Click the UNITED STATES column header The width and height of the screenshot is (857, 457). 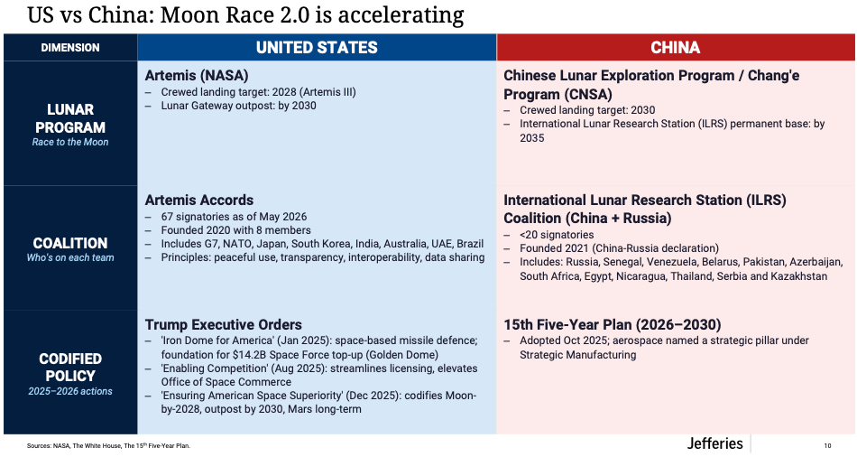click(x=317, y=48)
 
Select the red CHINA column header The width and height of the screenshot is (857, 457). click(x=675, y=48)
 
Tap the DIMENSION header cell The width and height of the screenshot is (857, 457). click(x=70, y=48)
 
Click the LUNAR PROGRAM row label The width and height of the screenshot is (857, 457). click(x=70, y=118)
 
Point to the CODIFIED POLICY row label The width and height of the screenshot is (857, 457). click(x=70, y=368)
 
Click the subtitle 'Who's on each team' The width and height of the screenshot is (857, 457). click(x=70, y=257)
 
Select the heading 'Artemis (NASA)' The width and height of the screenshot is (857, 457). click(x=197, y=76)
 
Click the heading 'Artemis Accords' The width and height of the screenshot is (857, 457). click(x=199, y=200)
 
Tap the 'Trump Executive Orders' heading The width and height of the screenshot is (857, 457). click(x=223, y=324)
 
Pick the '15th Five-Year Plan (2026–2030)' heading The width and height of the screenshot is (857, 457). click(x=613, y=324)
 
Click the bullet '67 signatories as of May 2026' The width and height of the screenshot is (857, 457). click(x=234, y=217)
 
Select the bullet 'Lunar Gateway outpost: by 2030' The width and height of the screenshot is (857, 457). click(x=238, y=106)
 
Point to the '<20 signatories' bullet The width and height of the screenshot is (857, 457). click(x=557, y=235)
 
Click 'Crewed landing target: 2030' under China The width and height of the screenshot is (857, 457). click(x=587, y=110)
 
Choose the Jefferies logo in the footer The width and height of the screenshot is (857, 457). click(x=714, y=443)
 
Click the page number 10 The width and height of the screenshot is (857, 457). click(x=827, y=445)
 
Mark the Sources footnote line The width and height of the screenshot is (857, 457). click(x=109, y=445)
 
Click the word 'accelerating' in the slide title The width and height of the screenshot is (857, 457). click(x=401, y=14)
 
